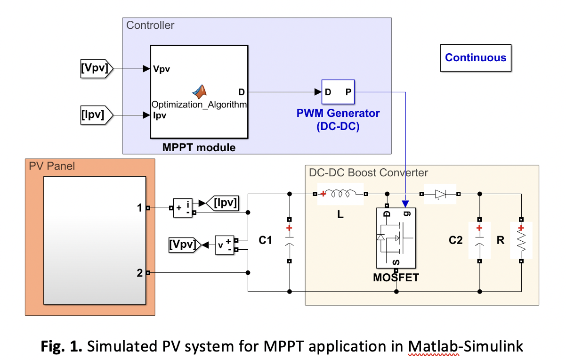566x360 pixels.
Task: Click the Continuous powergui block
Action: pos(476,58)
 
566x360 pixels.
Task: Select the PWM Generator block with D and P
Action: pos(339,92)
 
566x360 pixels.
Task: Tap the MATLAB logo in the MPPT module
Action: pos(201,91)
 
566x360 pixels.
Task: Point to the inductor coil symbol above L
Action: pos(341,194)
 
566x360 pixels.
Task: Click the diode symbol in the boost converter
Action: pos(440,194)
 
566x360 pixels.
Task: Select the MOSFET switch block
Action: pos(395,238)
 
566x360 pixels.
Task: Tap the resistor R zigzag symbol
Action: pos(521,240)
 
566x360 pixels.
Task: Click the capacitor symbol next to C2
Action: pos(479,240)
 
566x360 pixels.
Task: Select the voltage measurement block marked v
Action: pos(224,245)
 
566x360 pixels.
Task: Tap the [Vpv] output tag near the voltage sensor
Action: pos(185,245)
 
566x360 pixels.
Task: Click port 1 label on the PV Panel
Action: pos(139,207)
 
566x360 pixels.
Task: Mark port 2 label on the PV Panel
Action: pos(139,272)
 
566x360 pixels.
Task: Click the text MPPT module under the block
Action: pos(199,147)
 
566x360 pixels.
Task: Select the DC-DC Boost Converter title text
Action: pos(368,172)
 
